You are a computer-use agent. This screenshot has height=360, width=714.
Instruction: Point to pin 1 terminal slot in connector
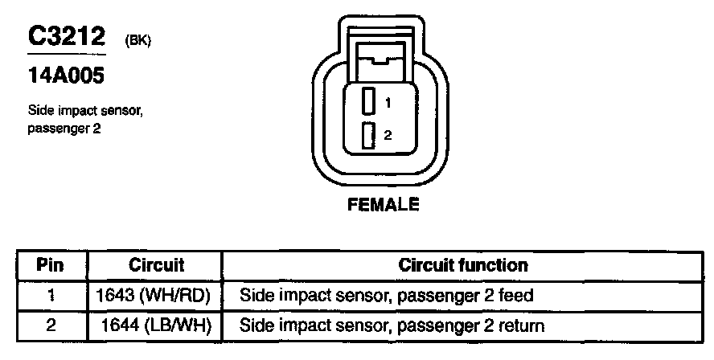click(368, 101)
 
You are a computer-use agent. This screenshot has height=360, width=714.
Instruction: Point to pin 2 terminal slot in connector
click(368, 136)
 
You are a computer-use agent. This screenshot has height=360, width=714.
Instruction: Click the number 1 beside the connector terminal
click(388, 103)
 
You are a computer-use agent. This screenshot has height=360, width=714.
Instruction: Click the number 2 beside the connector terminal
click(388, 136)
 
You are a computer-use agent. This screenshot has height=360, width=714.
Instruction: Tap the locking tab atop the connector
click(384, 58)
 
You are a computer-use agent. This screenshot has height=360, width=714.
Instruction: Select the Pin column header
click(51, 264)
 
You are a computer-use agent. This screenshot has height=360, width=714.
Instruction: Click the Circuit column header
click(156, 264)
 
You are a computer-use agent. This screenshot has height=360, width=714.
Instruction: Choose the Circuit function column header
click(463, 264)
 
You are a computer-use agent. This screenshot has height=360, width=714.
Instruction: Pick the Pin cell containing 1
click(51, 295)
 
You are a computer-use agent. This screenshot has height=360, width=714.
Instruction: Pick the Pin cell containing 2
click(51, 325)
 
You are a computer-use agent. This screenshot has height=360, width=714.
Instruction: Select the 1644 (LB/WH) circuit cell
click(156, 325)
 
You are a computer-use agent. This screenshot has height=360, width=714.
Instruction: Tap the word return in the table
click(523, 325)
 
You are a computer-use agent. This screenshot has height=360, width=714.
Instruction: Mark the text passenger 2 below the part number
click(64, 127)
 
